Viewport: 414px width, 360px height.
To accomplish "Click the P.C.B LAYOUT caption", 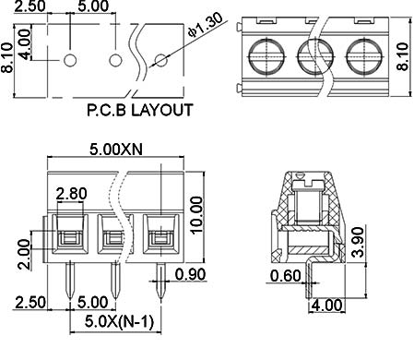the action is [x=140, y=110].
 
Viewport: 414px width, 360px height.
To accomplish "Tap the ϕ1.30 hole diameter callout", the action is [x=205, y=24].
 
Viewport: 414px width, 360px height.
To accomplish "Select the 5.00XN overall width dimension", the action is [x=116, y=150].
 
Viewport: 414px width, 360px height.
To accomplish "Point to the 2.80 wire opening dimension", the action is [x=71, y=194].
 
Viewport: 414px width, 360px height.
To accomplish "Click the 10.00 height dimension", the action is [x=196, y=215].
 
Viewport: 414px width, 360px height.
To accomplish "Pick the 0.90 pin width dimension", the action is [x=190, y=274].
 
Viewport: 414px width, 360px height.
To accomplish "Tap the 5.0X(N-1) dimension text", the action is [x=119, y=322].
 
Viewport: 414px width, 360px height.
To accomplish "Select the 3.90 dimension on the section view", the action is [x=358, y=242].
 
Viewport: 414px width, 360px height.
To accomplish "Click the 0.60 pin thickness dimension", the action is [x=286, y=275].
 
